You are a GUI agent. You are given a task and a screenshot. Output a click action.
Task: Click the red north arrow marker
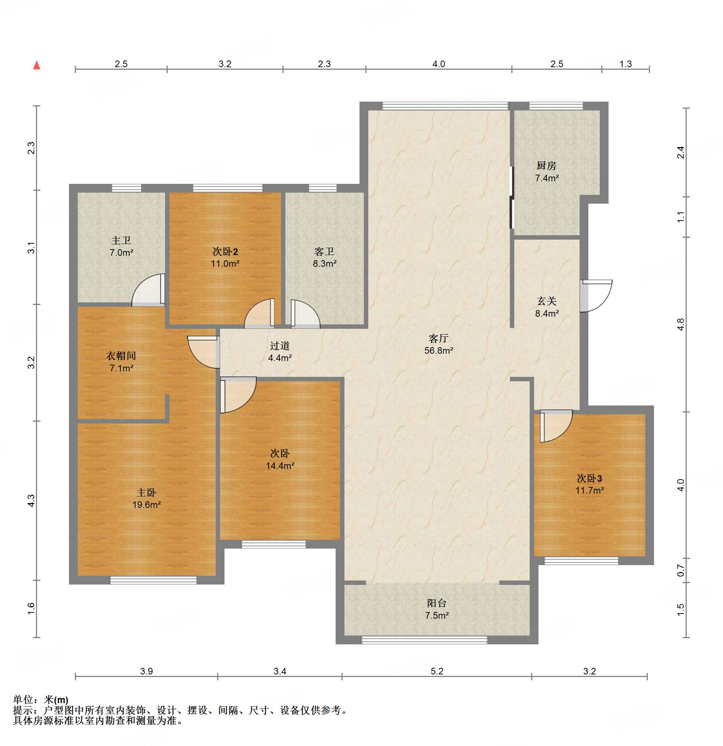37,65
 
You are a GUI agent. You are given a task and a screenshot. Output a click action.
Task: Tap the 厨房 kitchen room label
547,165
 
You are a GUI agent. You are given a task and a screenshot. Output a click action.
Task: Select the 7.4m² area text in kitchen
547,178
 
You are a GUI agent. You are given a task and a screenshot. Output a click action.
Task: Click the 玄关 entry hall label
547,301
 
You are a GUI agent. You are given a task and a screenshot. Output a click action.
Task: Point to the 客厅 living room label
438,338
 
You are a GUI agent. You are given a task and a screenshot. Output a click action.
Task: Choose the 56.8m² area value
439,350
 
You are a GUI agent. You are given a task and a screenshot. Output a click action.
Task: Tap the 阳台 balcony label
437,603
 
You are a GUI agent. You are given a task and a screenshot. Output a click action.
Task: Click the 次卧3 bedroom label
589,478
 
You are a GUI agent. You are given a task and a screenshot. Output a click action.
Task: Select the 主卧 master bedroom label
146,492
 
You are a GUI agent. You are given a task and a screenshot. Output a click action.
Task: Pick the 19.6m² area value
146,505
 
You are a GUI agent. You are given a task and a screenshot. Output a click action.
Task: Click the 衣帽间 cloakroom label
121,356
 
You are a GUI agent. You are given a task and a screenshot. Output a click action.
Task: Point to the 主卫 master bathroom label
121,240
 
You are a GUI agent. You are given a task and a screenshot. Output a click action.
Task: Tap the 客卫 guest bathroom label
324,251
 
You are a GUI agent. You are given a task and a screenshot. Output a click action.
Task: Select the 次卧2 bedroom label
225,251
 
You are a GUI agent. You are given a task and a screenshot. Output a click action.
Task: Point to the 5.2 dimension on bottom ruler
437,671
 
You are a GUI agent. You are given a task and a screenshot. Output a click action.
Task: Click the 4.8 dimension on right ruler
681,324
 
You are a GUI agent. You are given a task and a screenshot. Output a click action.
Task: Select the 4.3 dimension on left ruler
31,501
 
